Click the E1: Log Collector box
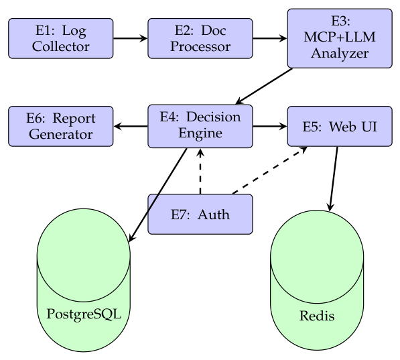click(61, 38)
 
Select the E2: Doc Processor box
click(200, 38)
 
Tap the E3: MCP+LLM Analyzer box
click(340, 38)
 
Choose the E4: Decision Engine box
click(200, 126)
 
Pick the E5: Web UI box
click(340, 126)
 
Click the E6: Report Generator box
click(61, 126)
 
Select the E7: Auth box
click(200, 214)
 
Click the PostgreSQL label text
click(84, 314)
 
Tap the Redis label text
click(317, 316)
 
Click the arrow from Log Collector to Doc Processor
click(131, 38)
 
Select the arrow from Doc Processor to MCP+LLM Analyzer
click(270, 38)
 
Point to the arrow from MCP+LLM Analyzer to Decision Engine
click(264, 86)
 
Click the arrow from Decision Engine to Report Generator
click(131, 126)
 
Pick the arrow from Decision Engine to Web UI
click(270, 126)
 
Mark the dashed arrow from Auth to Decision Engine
click(200, 171)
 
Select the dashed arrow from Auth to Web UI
click(270, 170)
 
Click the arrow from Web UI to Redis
click(334, 179)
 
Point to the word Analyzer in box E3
click(340, 54)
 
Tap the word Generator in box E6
click(61, 134)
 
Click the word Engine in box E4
click(200, 133)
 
